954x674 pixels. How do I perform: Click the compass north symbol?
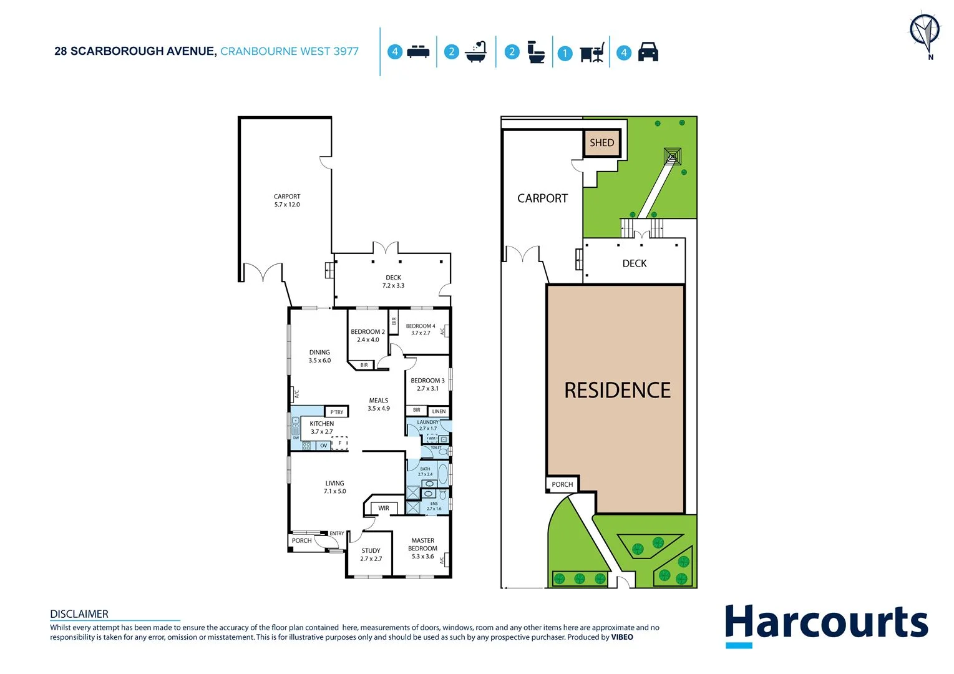click(x=924, y=32)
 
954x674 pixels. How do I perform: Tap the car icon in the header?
click(x=648, y=52)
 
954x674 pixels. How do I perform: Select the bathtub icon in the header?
click(x=475, y=52)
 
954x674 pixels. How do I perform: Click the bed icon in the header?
click(x=418, y=52)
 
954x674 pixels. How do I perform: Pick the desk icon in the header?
click(x=591, y=53)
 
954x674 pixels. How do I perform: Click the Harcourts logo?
click(x=826, y=624)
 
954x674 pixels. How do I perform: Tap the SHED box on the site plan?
click(x=601, y=143)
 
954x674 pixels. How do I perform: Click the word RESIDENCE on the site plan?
click(x=617, y=391)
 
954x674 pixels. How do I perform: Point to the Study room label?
click(x=371, y=555)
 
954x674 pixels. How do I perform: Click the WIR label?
click(x=383, y=509)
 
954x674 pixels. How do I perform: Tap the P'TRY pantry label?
click(x=336, y=412)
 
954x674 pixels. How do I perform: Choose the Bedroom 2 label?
click(x=367, y=336)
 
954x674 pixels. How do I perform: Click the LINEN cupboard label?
click(x=439, y=411)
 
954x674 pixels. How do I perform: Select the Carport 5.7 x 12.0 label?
click(x=287, y=200)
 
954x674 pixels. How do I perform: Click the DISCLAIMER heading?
click(x=79, y=614)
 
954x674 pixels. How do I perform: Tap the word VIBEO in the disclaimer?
click(x=621, y=637)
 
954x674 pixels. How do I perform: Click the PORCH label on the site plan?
click(x=562, y=484)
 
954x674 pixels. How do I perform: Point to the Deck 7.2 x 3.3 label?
click(x=393, y=281)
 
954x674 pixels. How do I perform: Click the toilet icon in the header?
click(x=535, y=52)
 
